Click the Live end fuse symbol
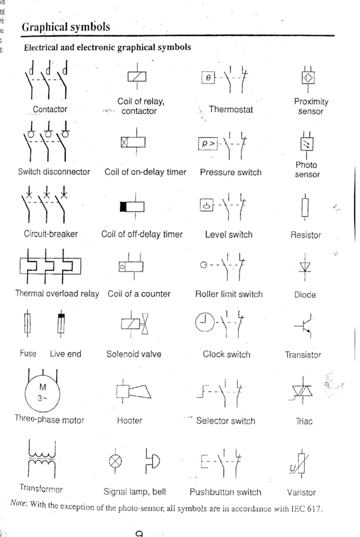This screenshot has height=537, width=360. tap(61, 325)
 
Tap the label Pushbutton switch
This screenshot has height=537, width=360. tap(225, 492)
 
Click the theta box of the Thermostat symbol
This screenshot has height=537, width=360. tap(208, 79)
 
